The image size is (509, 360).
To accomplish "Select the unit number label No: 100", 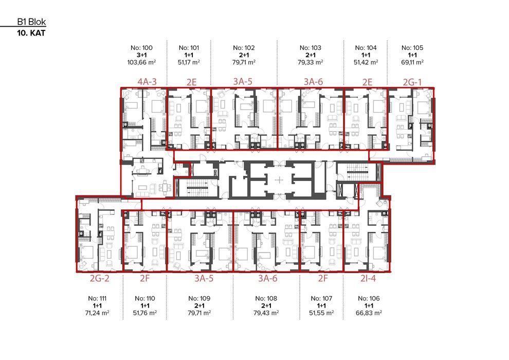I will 143,48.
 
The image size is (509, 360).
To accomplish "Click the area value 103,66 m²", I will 143,62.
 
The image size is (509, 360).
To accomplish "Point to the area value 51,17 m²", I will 188,62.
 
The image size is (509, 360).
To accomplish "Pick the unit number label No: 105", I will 412,48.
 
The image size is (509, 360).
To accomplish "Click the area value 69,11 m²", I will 412,62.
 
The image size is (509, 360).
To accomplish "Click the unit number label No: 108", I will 266,298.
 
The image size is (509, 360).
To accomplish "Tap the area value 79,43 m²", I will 266,313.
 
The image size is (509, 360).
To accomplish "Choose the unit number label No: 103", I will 311,48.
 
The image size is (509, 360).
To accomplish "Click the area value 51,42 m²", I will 366,62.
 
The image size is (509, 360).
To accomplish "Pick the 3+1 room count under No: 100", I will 143,55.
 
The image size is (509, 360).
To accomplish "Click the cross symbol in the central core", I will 278,180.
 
